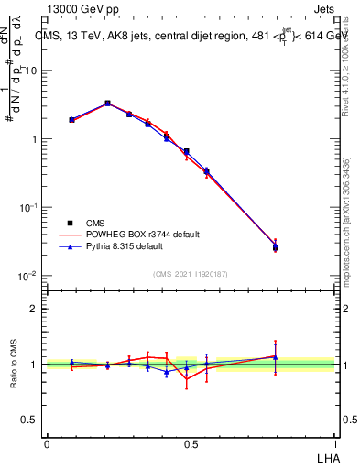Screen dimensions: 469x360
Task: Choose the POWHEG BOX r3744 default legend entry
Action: [128, 234]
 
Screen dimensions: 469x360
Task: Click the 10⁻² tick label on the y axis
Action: [27, 276]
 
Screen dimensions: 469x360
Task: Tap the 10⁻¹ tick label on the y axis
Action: [27, 207]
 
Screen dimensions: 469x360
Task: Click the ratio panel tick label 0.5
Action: [29, 420]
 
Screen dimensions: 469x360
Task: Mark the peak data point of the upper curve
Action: [107, 104]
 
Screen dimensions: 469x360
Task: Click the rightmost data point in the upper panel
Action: [276, 247]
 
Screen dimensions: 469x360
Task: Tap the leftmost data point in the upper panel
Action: [71, 119]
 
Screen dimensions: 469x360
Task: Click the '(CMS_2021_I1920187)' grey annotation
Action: [191, 273]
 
